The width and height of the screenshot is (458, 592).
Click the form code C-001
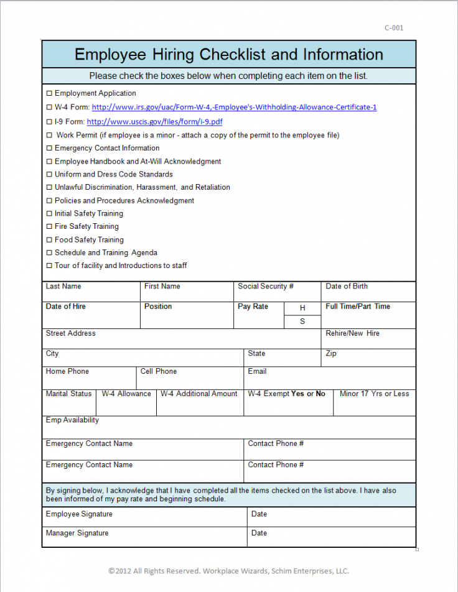[x=394, y=27]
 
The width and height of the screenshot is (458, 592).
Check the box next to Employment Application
[x=50, y=93]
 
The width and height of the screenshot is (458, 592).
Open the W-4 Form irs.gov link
[x=234, y=107]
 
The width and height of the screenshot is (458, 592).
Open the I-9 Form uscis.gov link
[x=154, y=122]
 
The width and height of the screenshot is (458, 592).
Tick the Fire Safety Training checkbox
[x=50, y=227]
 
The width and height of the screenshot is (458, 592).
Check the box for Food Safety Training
[x=50, y=240]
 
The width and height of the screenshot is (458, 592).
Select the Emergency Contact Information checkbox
[x=50, y=149]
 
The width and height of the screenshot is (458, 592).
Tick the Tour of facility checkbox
[x=50, y=266]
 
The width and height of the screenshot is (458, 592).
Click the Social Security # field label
[x=265, y=287]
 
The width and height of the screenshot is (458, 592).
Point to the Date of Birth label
[x=347, y=287]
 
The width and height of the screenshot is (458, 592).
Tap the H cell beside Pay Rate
[x=302, y=308]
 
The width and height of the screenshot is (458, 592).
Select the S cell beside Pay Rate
[x=302, y=321]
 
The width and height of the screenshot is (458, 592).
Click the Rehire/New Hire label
[x=352, y=334]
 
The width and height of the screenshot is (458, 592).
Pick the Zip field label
[x=331, y=354]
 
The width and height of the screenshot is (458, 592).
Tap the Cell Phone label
[x=159, y=372]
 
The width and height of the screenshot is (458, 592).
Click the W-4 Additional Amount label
[x=199, y=394]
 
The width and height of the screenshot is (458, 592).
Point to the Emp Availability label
[x=72, y=420]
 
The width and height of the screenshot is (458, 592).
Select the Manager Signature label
[x=77, y=534]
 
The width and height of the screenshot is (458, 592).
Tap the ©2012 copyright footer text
[x=229, y=571]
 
